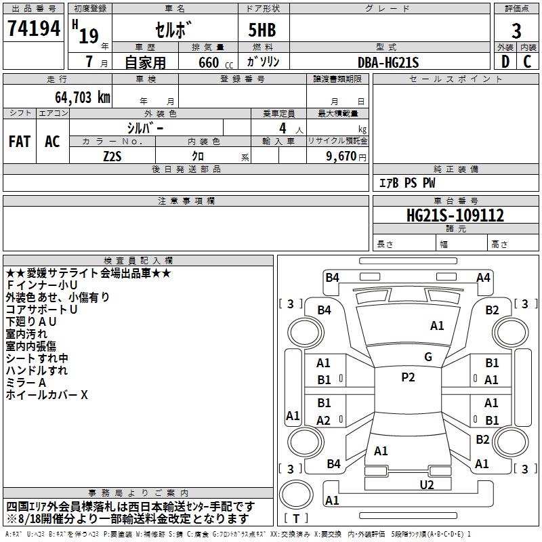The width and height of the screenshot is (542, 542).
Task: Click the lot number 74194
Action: coord(34,28)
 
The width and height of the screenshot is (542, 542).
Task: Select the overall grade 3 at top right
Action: coord(516,31)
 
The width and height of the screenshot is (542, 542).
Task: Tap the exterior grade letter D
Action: coord(505,62)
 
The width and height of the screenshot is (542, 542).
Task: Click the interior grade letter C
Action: coord(527,62)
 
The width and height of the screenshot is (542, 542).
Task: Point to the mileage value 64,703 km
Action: coord(83,98)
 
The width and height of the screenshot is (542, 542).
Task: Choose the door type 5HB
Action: coord(262,30)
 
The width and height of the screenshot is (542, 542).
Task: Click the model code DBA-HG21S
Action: coord(388,62)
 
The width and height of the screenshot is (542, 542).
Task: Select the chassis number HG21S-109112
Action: coord(455,215)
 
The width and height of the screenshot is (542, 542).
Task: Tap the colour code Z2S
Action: coord(112,157)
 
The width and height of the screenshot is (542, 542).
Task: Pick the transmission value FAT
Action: coord(20,142)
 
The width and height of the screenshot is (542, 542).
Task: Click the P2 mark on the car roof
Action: coord(408,377)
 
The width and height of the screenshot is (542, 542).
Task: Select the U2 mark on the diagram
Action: coord(427,485)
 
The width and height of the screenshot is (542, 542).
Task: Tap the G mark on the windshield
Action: coord(428,357)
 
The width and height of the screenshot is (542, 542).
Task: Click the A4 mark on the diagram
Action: coord(483,278)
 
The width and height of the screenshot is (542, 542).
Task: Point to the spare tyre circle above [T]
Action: coord(296,495)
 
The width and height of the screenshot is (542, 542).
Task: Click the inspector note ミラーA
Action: coord(26,383)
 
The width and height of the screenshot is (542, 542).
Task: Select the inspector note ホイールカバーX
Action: coord(47,395)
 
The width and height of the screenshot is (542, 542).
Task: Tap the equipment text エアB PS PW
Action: coord(407,183)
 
